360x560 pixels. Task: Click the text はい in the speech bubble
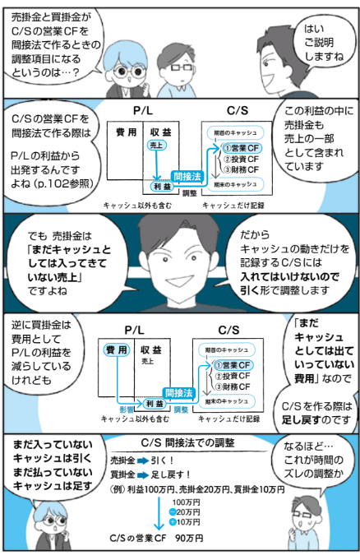[x=314, y=29]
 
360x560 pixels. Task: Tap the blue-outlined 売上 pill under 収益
[x=156, y=145]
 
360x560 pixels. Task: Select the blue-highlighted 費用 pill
[x=117, y=350]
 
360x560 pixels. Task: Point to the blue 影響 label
[x=127, y=410]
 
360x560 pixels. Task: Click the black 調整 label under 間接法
[x=189, y=193]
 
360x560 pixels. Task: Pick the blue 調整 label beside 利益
[x=181, y=410]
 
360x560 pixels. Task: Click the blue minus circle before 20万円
[x=173, y=512]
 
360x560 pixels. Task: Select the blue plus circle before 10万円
[x=173, y=522]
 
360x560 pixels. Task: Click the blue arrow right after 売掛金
[x=143, y=461]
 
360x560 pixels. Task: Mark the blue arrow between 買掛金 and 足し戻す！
[x=143, y=475]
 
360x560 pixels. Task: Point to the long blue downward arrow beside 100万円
[x=159, y=514]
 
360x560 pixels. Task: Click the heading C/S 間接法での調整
[x=187, y=443]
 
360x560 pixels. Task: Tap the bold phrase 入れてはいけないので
[x=289, y=277]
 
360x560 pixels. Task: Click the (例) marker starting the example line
[x=117, y=489]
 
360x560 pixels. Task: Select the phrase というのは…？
[x=45, y=72]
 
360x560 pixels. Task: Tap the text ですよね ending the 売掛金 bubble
[x=48, y=291]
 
